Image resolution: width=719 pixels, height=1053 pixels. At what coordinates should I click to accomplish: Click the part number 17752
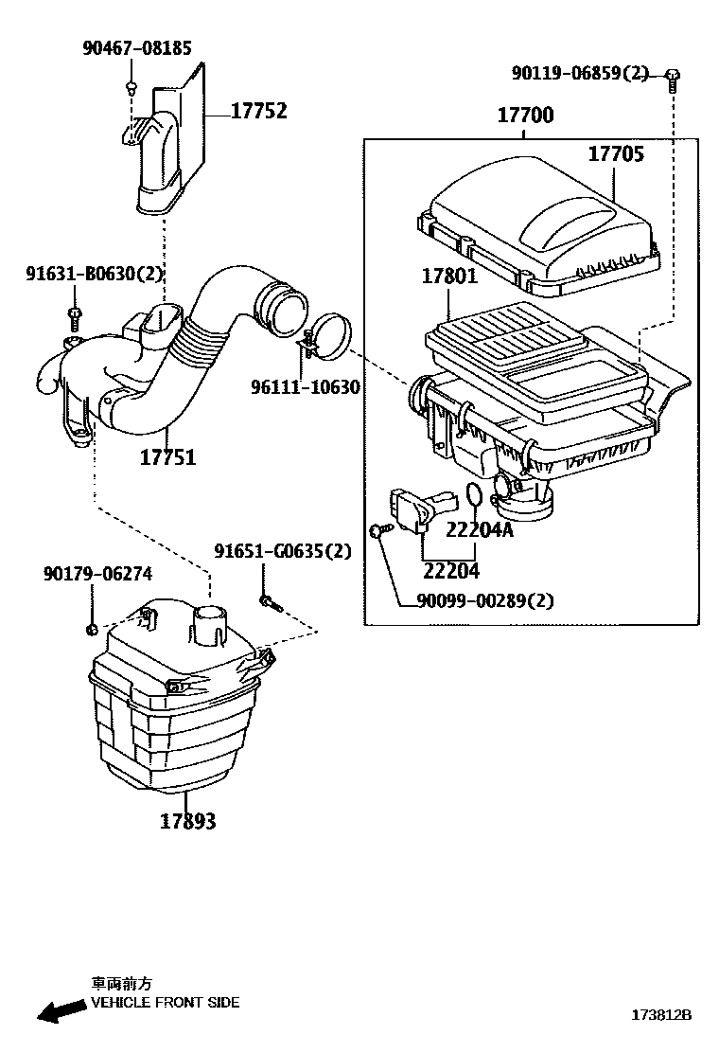259,112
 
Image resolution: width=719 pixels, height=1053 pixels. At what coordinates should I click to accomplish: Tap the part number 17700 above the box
526,116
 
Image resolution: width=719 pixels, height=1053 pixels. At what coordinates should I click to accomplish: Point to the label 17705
616,153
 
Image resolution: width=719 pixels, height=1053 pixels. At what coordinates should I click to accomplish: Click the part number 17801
449,277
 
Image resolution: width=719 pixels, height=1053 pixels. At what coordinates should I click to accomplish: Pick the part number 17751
167,457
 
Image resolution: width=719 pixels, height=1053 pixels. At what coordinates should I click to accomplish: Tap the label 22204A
480,530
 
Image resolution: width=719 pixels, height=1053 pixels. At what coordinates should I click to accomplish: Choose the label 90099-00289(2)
484,599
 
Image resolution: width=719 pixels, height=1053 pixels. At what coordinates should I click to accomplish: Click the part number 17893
187,821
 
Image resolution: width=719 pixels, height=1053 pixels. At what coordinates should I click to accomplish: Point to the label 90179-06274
97,574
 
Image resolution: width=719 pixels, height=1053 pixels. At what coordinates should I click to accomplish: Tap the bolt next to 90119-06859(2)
672,79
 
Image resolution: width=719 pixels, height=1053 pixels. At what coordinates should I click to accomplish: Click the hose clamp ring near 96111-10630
328,335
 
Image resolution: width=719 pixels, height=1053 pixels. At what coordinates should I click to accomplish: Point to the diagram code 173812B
662,1015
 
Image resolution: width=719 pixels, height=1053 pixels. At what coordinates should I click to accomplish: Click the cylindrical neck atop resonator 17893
211,624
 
